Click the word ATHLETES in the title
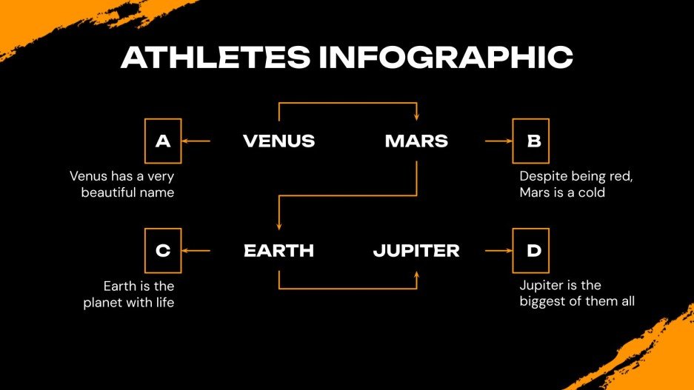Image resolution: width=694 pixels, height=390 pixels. pyautogui.click(x=216, y=57)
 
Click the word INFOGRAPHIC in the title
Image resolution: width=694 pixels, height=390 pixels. pyautogui.click(x=446, y=57)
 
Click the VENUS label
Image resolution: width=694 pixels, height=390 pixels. pyautogui.click(x=278, y=141)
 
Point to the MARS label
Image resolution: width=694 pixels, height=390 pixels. pyautogui.click(x=416, y=141)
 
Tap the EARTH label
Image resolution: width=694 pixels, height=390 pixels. pyautogui.click(x=278, y=251)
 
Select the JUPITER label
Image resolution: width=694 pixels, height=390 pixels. pyautogui.click(x=416, y=251)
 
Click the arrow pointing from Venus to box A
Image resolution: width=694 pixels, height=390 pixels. pyautogui.click(x=196, y=141)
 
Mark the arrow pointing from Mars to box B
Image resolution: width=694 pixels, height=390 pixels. pyautogui.click(x=498, y=141)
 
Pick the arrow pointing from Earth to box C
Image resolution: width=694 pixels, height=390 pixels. pyautogui.click(x=196, y=251)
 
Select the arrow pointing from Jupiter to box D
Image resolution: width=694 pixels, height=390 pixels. pyautogui.click(x=498, y=251)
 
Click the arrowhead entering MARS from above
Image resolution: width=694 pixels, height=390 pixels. pyautogui.click(x=416, y=118)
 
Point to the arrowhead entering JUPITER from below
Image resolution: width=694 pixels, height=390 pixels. pyautogui.click(x=416, y=274)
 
